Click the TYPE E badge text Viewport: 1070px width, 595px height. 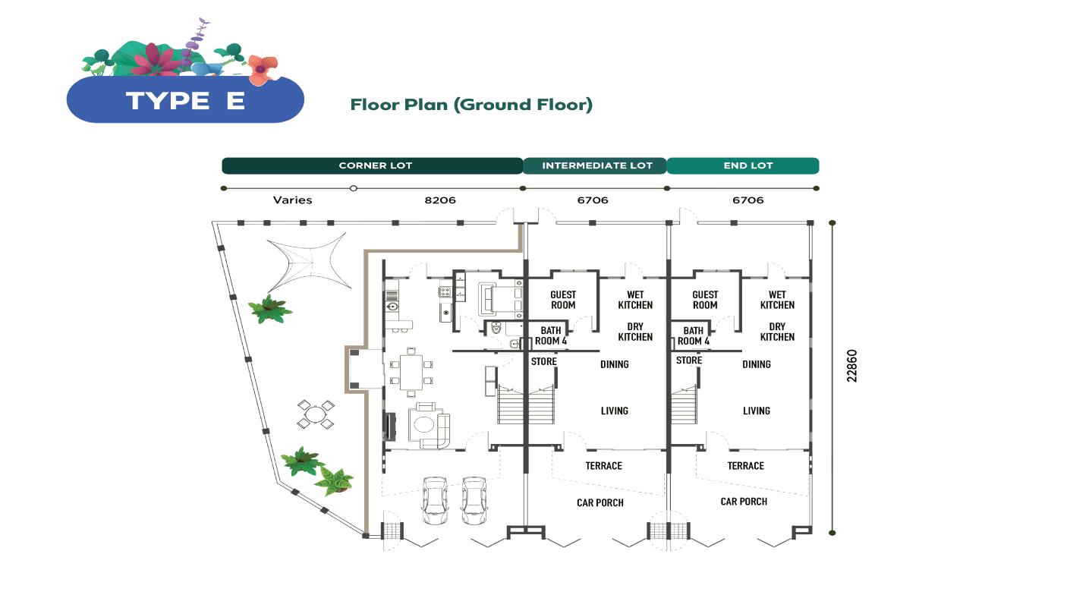tap(185, 101)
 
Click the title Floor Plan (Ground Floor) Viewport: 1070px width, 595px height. tap(470, 105)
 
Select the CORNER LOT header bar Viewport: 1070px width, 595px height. tap(372, 165)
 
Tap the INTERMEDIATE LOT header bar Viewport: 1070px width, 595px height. tap(594, 165)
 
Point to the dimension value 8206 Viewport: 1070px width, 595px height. tap(440, 200)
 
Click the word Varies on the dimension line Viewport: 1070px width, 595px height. tap(292, 200)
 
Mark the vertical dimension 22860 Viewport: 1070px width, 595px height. tap(852, 366)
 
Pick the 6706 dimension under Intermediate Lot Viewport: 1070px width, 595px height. tap(593, 200)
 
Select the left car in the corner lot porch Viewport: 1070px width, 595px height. tap(435, 500)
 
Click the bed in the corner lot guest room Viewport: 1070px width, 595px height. tap(499, 297)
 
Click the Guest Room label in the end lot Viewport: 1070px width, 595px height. tap(705, 300)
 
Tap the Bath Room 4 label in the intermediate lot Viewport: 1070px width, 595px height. tap(551, 335)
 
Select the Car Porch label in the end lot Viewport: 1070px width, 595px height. tap(744, 502)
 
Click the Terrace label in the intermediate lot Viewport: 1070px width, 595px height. tap(603, 466)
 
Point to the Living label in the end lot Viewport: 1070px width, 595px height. tap(757, 411)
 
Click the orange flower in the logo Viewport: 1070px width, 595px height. tap(260, 69)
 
